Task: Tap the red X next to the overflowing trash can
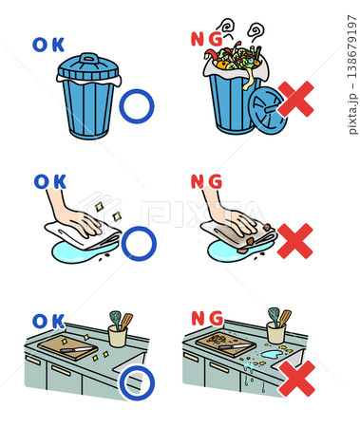tap(295, 99)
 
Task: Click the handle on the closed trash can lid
tap(88, 58)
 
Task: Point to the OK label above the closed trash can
tap(48, 45)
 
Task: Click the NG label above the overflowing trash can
tap(207, 39)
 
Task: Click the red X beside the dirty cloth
tap(295, 241)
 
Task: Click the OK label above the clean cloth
tap(50, 182)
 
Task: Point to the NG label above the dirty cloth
tap(206, 181)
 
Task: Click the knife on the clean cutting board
tap(77, 350)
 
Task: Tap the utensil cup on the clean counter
tap(118, 336)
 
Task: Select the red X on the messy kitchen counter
tap(297, 379)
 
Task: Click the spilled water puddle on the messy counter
tap(270, 353)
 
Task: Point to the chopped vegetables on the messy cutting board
tap(217, 339)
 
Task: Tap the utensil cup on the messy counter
tap(276, 332)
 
